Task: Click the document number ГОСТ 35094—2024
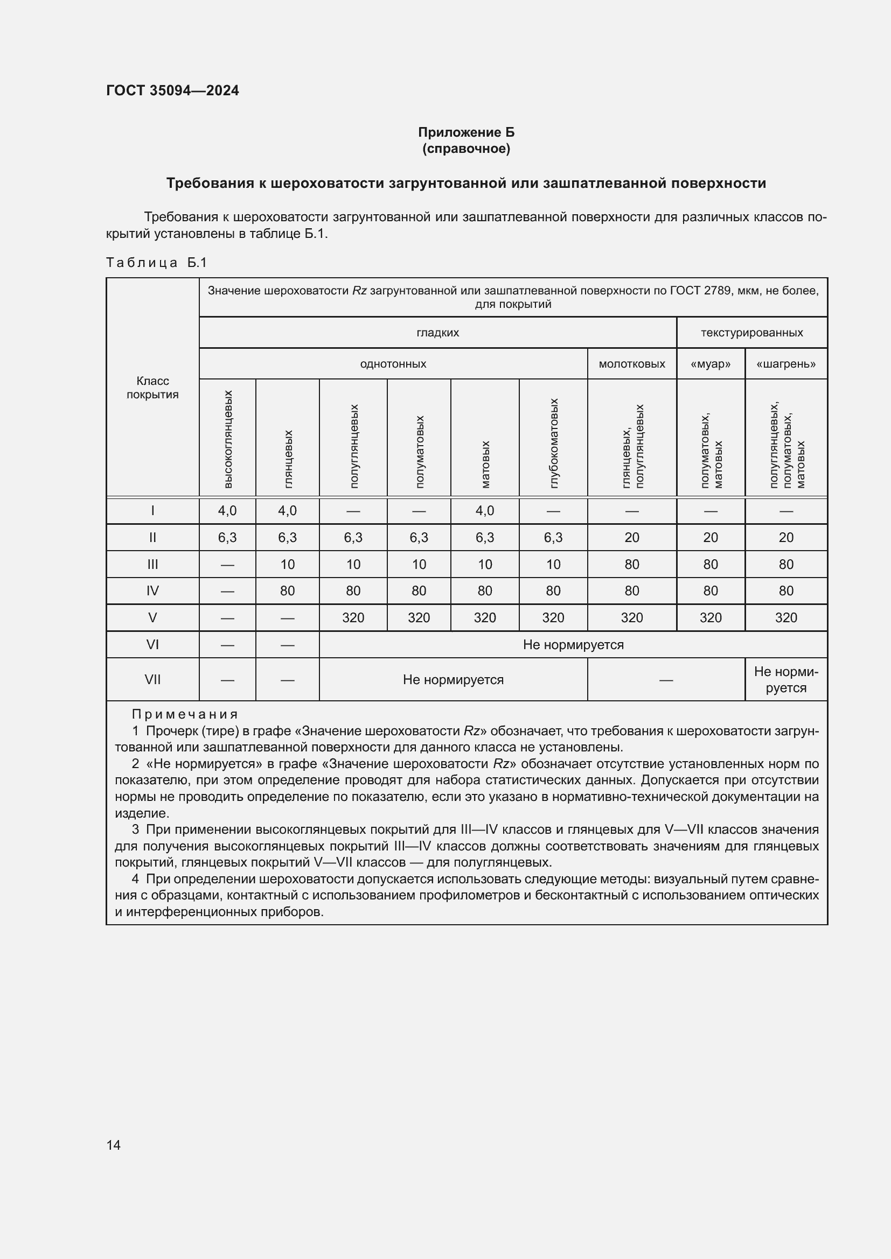coord(172,90)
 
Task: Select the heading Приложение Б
coord(466,132)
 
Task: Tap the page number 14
coord(114,1144)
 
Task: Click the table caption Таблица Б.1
coord(156,263)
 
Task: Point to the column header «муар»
coord(710,364)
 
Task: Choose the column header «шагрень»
coord(785,364)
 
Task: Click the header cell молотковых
coord(631,364)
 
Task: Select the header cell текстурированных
coord(751,333)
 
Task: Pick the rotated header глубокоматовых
coord(553,442)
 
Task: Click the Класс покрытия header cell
coord(152,388)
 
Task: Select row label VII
coord(152,679)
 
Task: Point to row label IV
coord(152,590)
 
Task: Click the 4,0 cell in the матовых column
coord(484,511)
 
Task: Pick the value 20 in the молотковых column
coord(631,537)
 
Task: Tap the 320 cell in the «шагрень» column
coord(785,617)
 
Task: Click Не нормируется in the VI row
coord(573,644)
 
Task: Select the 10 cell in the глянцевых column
coord(287,564)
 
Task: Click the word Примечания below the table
coord(185,714)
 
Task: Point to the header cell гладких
coord(437,333)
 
